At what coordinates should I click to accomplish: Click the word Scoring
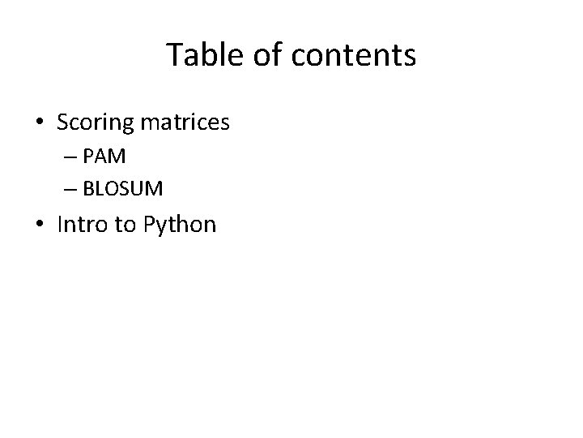[95, 123]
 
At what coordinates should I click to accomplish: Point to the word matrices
[185, 123]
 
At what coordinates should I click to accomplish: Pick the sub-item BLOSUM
[122, 190]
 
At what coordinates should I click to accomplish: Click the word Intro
[83, 224]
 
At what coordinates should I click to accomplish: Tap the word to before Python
[125, 224]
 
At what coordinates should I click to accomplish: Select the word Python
[179, 225]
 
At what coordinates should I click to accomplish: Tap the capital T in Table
[174, 55]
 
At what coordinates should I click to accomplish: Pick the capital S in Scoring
[63, 122]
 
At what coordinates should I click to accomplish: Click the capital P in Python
[148, 223]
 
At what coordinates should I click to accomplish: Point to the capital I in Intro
[60, 223]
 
